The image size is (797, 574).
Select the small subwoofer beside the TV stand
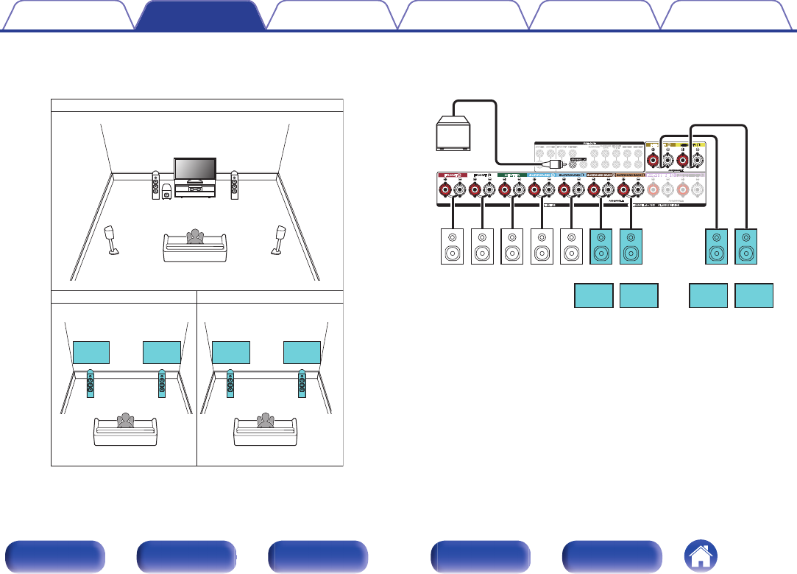point(167,192)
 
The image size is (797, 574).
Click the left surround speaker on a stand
point(113,239)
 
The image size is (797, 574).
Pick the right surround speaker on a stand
point(280,239)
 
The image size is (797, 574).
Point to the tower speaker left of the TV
point(155,186)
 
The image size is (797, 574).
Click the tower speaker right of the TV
point(234,186)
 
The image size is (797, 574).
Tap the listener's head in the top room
point(194,235)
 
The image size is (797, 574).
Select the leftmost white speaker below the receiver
point(451,247)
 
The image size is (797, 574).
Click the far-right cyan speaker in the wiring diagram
point(746,247)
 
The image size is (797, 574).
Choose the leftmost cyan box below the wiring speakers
point(593,295)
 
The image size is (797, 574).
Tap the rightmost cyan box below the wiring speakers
point(754,295)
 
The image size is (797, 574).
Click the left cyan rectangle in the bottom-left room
point(91,352)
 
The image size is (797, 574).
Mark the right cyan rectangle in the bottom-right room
point(302,352)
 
